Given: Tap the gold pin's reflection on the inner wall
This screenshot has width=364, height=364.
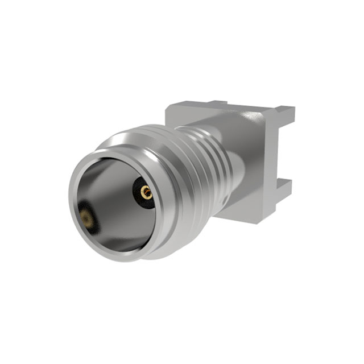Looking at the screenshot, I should point(86,217).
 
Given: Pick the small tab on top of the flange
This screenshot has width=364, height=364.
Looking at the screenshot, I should point(216,104).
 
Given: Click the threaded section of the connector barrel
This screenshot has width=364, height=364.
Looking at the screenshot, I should point(205,165).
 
